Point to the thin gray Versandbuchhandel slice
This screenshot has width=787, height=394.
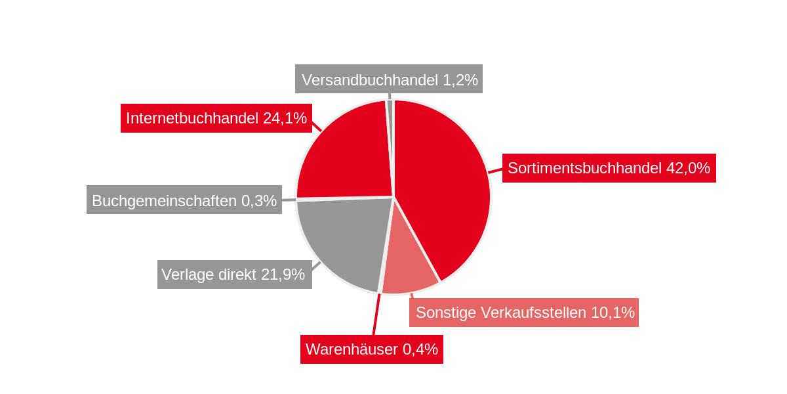390,131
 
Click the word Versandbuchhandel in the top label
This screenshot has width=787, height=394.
370,80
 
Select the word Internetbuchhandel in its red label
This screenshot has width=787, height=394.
192,118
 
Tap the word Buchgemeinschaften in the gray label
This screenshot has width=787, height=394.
164,201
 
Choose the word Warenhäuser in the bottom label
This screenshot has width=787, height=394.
352,349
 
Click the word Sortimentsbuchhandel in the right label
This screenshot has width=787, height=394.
584,168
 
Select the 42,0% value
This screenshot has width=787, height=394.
688,168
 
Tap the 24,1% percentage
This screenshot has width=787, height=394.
285,118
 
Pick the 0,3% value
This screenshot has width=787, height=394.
259,201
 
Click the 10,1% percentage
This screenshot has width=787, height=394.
613,313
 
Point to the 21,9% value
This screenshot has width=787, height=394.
283,274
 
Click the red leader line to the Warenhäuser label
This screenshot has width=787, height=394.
376,315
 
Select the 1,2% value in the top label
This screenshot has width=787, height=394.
460,80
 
